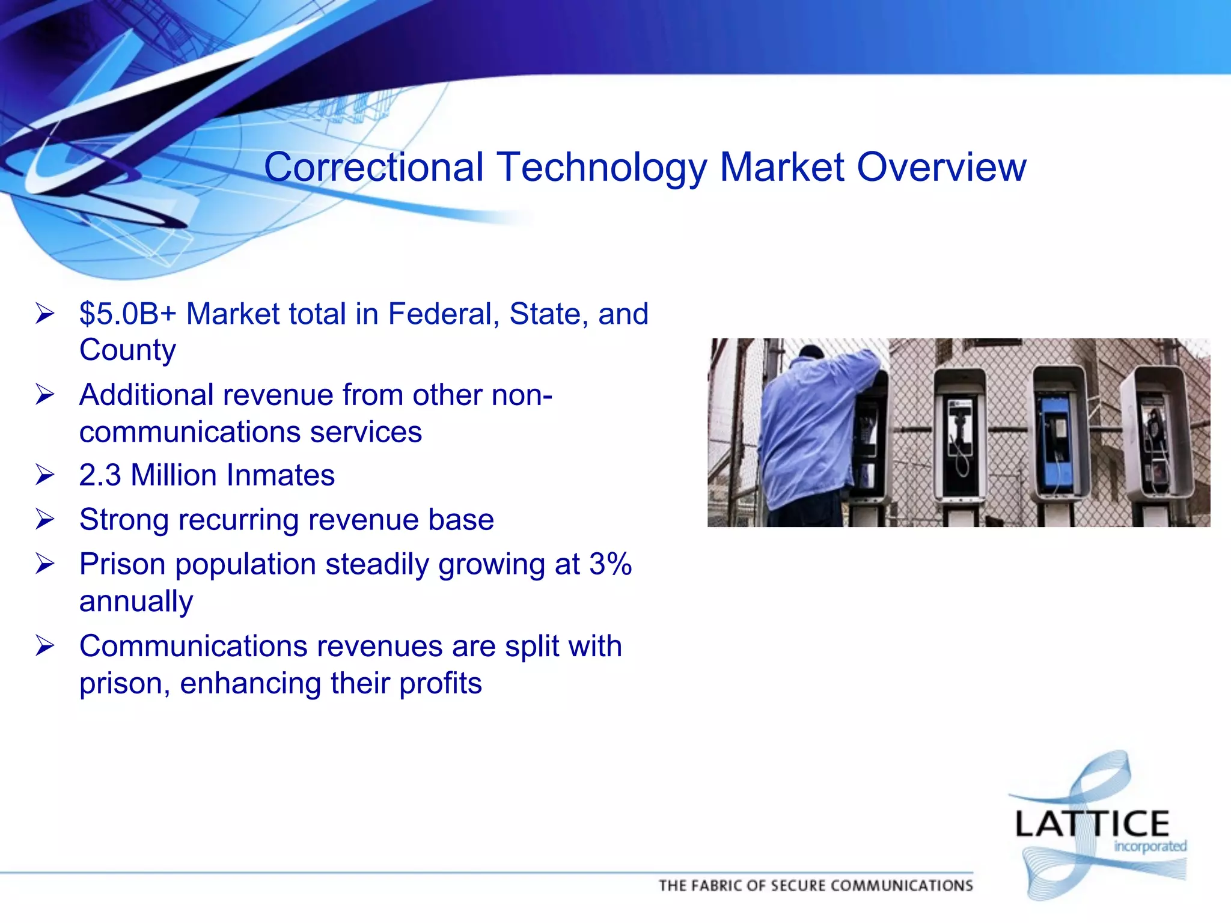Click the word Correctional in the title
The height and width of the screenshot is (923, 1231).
coord(373,167)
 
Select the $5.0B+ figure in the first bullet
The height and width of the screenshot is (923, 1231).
coord(128,314)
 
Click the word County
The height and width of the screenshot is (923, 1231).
coord(127,350)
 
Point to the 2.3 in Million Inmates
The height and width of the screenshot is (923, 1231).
coord(100,475)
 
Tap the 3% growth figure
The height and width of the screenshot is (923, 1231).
coord(610,564)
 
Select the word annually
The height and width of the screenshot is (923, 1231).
coord(136,602)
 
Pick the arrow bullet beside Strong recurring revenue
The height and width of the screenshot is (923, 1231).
coord(45,520)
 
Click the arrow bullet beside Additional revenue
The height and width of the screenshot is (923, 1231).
coord(45,395)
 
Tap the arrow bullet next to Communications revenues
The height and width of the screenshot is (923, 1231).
coord(45,647)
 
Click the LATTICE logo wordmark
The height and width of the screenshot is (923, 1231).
coord(1092,824)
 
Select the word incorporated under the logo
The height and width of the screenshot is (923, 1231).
coord(1150,847)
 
